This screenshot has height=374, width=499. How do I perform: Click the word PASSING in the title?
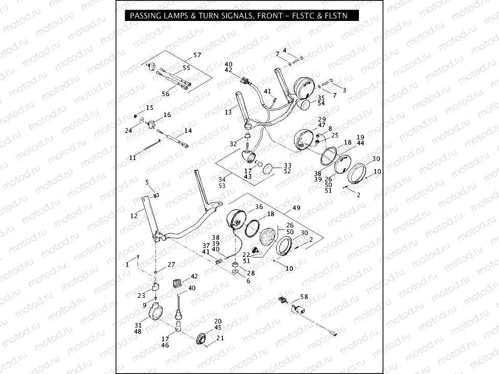[x=146, y=16]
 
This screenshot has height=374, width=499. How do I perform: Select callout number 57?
[x=197, y=55]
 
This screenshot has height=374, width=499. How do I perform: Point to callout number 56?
[x=166, y=94]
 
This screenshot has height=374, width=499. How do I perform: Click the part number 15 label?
[x=149, y=108]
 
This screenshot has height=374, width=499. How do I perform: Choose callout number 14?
[x=188, y=131]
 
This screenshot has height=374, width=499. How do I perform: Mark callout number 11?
[x=132, y=158]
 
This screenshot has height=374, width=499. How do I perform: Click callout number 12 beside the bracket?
[x=134, y=216]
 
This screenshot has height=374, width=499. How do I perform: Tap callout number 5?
[x=147, y=182]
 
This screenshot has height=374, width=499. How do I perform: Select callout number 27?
[x=171, y=264]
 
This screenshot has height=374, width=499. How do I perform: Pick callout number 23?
[x=142, y=295]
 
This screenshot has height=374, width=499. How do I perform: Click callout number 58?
[x=304, y=297]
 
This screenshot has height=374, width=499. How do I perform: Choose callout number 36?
[x=259, y=207]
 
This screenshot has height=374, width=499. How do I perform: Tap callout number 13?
[x=228, y=112]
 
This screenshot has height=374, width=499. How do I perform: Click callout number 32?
[x=234, y=144]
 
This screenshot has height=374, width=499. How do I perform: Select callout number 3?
[x=344, y=90]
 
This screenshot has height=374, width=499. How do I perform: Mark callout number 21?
[x=220, y=338]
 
